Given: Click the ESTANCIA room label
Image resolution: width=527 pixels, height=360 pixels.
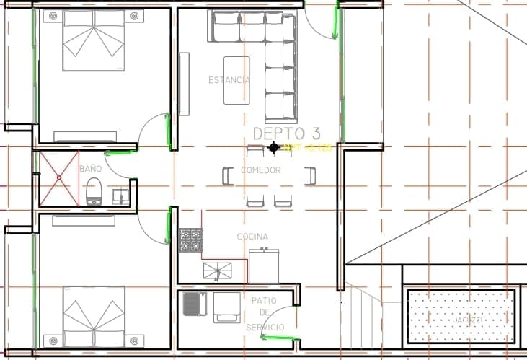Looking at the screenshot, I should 229,80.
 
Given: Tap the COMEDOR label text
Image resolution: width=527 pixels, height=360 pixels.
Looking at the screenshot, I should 260,170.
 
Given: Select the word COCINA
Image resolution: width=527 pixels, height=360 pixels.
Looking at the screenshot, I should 252,237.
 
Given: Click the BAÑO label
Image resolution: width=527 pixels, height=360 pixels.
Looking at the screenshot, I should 90,168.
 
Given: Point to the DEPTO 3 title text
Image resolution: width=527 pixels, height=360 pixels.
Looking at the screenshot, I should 287,133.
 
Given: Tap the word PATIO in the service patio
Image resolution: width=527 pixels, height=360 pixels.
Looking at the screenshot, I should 265,300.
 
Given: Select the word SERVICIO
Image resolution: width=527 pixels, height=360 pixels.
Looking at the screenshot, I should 265,328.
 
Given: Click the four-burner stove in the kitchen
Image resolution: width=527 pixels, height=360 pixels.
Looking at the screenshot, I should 190,240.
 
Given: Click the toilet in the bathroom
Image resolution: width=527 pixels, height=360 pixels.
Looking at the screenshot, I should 93,192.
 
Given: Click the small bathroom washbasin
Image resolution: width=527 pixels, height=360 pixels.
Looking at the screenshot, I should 122,196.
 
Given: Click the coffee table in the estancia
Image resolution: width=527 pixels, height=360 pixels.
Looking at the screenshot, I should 236,80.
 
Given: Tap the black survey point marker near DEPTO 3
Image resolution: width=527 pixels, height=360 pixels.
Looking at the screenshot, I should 274,148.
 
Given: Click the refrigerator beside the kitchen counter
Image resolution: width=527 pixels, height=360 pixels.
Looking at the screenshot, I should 264,265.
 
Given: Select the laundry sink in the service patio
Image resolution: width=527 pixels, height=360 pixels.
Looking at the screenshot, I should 194,304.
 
